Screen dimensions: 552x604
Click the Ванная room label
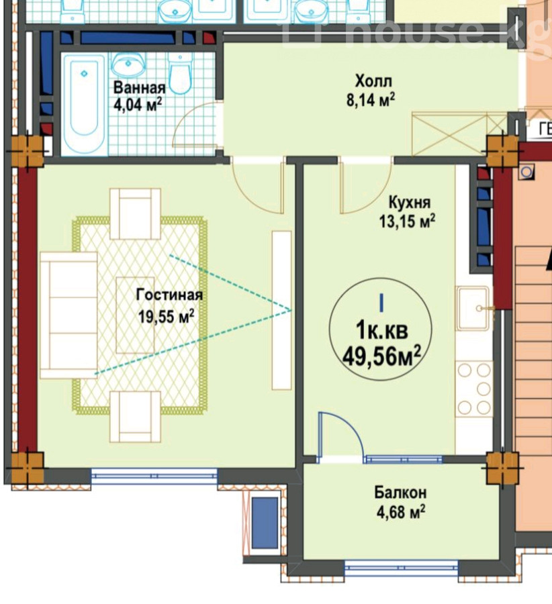coord(139,88)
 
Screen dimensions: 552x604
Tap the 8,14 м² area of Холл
coord(371,100)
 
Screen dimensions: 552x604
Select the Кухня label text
coord(410,202)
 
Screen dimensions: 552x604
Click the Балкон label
coord(400,493)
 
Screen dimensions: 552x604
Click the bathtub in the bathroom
coord(84,104)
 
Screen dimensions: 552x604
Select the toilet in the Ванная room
coord(179,74)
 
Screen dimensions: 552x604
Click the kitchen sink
coord(473,309)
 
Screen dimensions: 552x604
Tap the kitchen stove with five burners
coord(473,389)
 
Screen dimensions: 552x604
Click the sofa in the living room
coord(68,315)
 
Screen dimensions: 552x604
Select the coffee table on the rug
coord(135,315)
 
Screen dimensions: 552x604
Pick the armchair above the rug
coord(135,214)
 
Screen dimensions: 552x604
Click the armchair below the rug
coord(135,416)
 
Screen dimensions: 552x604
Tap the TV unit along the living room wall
coord(282,310)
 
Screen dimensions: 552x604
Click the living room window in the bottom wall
coord(154,476)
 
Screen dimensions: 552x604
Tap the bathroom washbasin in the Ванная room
coord(128,65)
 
